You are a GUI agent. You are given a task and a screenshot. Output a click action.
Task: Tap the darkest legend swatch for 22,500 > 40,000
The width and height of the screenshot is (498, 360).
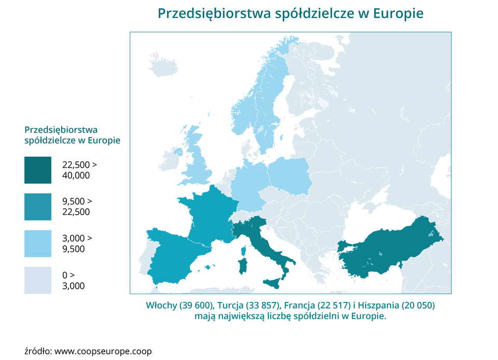click(x=38, y=170)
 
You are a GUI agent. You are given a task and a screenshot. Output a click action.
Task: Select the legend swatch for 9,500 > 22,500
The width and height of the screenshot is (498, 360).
click(x=38, y=206)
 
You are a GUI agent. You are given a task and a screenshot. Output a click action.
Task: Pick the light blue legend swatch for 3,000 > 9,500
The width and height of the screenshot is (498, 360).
click(x=38, y=243)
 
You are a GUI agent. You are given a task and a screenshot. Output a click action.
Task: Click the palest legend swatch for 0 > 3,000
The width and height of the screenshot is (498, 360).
click(x=38, y=280)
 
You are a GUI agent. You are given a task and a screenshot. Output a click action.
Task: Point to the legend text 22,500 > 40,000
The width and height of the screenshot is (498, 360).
click(x=79, y=170)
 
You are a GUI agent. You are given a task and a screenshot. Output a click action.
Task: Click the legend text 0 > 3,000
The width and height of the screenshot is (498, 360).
click(x=73, y=280)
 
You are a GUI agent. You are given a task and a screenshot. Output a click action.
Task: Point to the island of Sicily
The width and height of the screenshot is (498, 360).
click(x=275, y=283)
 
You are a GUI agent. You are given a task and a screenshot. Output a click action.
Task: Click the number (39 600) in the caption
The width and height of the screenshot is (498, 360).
click(x=194, y=305)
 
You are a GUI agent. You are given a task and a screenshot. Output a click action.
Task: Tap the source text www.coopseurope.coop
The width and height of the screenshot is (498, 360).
click(x=103, y=351)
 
